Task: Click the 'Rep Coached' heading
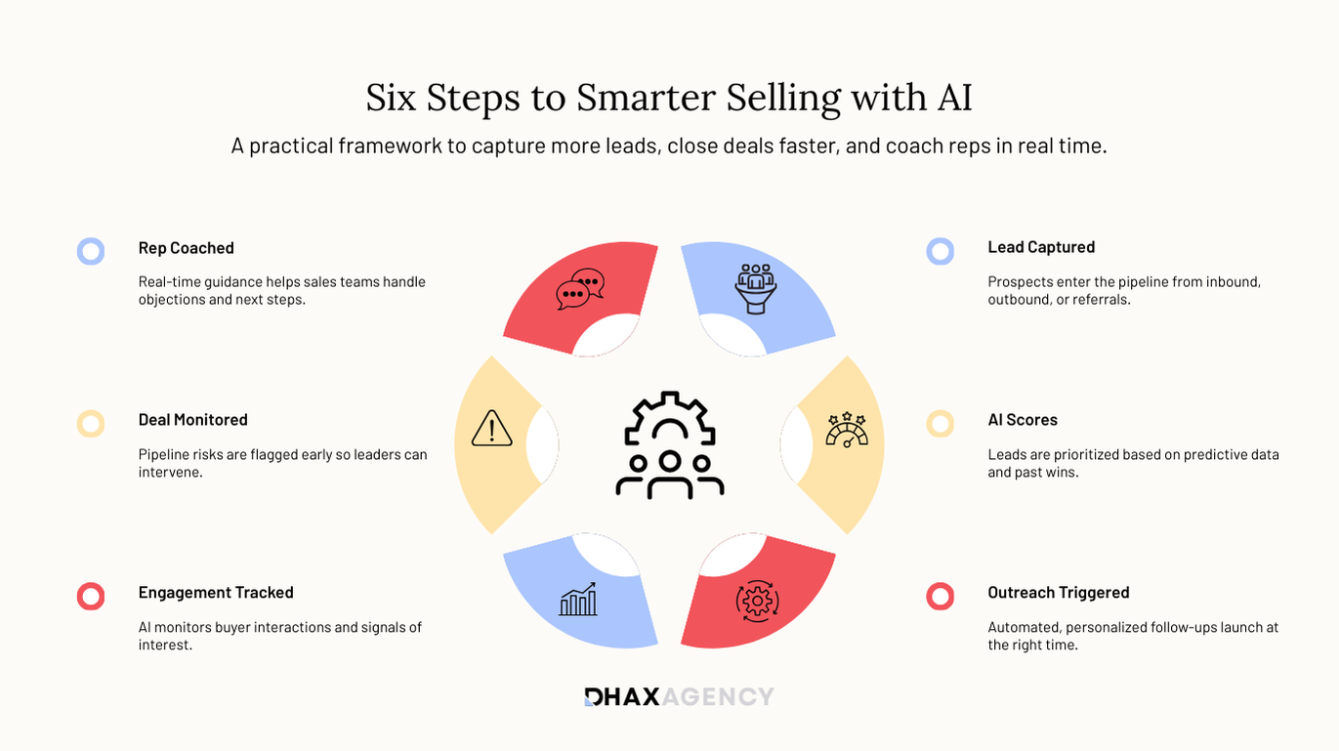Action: coord(186,248)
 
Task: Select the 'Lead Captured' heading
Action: coord(1041,247)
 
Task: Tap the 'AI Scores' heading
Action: coord(1023,420)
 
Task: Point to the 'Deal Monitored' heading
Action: coord(192,420)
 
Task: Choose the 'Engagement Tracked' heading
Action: coord(216,593)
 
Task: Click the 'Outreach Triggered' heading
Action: coord(1058,593)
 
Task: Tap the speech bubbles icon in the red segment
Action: coord(580,289)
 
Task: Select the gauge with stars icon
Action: coord(846,430)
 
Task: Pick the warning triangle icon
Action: coord(491,429)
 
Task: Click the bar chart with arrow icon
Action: coord(578,600)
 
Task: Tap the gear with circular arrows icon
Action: coord(757,600)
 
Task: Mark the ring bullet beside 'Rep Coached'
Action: coord(91,251)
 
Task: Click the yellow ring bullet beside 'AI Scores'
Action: coord(941,424)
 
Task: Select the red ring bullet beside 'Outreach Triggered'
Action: coord(941,596)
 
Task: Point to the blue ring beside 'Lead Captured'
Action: coord(941,251)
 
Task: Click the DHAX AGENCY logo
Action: coord(679,696)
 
